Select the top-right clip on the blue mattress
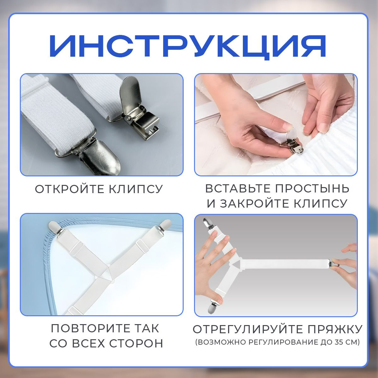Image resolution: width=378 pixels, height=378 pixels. [x=164, y=226]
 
